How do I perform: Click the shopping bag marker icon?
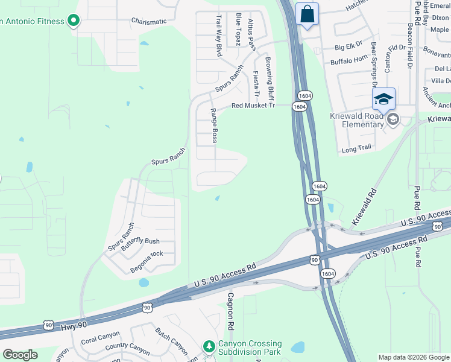tap(307, 14)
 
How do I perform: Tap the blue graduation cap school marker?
tap(383, 98)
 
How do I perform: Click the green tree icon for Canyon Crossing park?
tap(209, 346)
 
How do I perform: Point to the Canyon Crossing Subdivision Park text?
tap(250, 347)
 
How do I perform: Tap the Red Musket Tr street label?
tap(253, 106)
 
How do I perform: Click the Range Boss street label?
tap(213, 125)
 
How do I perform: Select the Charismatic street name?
tap(149, 21)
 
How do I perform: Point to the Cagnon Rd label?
tap(230, 311)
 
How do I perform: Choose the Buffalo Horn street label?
tap(349, 62)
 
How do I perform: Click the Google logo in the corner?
tap(20, 355)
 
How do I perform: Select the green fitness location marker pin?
tap(74, 21)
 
